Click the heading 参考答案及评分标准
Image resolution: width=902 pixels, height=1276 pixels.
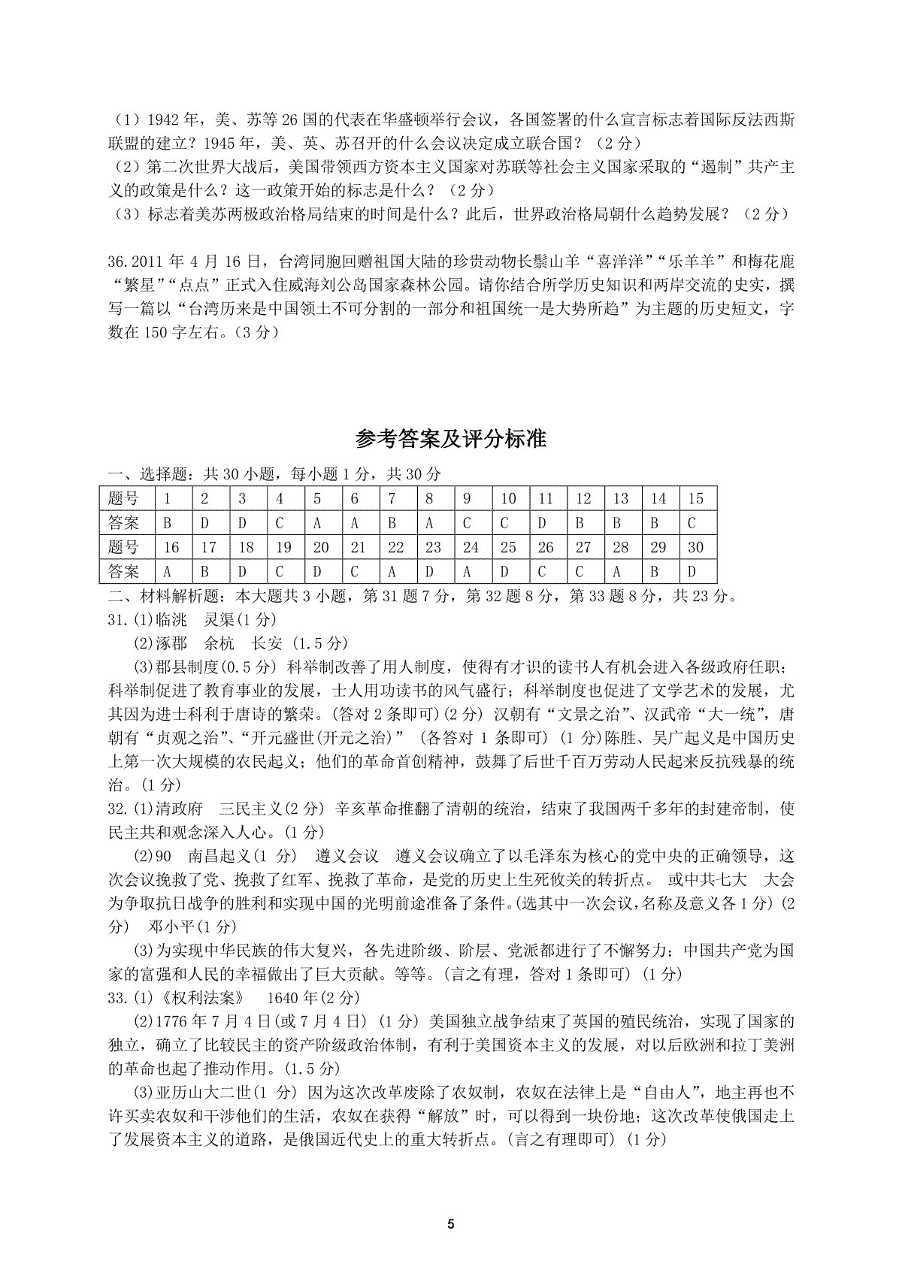click(451, 439)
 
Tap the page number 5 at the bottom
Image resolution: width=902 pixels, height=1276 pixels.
click(451, 1223)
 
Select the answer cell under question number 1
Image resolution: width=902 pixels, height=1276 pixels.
click(166, 523)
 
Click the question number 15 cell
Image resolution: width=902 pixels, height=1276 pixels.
click(695, 498)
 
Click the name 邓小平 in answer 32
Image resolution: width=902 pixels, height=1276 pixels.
click(174, 926)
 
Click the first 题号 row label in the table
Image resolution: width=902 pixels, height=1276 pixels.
click(124, 498)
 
